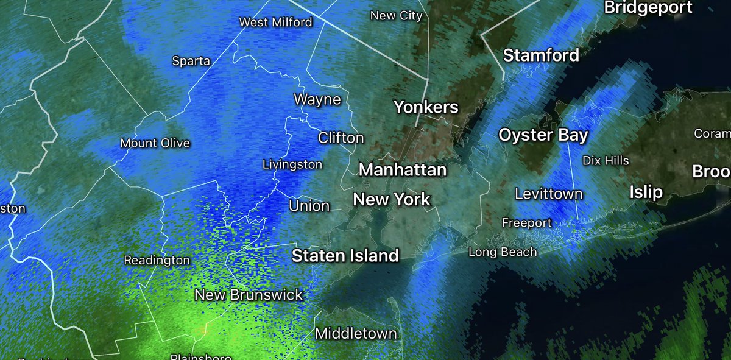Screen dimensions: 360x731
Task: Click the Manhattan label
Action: pos(403,169)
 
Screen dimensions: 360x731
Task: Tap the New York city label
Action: pos(392,199)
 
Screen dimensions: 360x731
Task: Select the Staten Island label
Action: pos(345,256)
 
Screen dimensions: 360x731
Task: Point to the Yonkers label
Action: pos(426,108)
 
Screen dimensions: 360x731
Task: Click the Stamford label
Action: pos(541,55)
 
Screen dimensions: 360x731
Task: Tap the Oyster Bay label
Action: pos(543,135)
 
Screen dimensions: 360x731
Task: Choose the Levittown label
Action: pos(548,194)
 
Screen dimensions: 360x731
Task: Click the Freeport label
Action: pos(526,223)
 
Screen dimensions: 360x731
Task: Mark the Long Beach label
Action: pos(503,252)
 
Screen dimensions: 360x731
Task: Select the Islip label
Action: pos(646,193)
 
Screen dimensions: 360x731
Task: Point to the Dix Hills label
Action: pos(606,161)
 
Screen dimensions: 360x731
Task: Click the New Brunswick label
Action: pos(249,295)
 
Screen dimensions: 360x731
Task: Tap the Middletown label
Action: pos(356,334)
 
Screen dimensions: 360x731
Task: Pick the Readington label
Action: pos(157,260)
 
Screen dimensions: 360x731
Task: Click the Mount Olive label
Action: pos(155,144)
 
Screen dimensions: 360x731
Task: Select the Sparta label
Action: pos(191,61)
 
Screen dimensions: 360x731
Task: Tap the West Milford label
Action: pos(275,23)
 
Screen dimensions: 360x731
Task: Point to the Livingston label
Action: pos(292,164)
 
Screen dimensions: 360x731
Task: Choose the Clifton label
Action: pos(341,138)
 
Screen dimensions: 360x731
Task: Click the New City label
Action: pos(397,16)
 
